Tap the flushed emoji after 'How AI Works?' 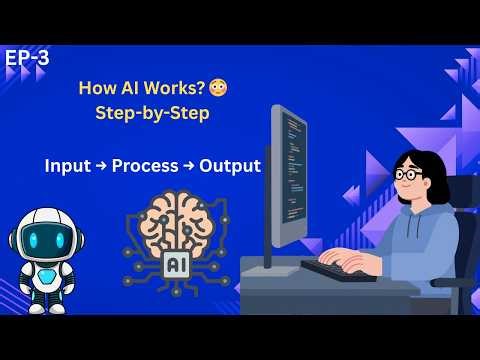click(x=190, y=89)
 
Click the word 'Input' click(x=67, y=165)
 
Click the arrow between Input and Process click(x=104, y=165)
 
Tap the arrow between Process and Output click(x=192, y=165)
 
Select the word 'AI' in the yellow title click(x=113, y=89)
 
